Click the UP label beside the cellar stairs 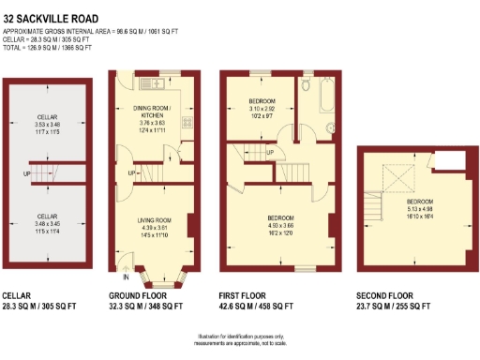point(28,174)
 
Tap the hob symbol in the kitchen point(187,122)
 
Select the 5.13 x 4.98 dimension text point(419,209)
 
